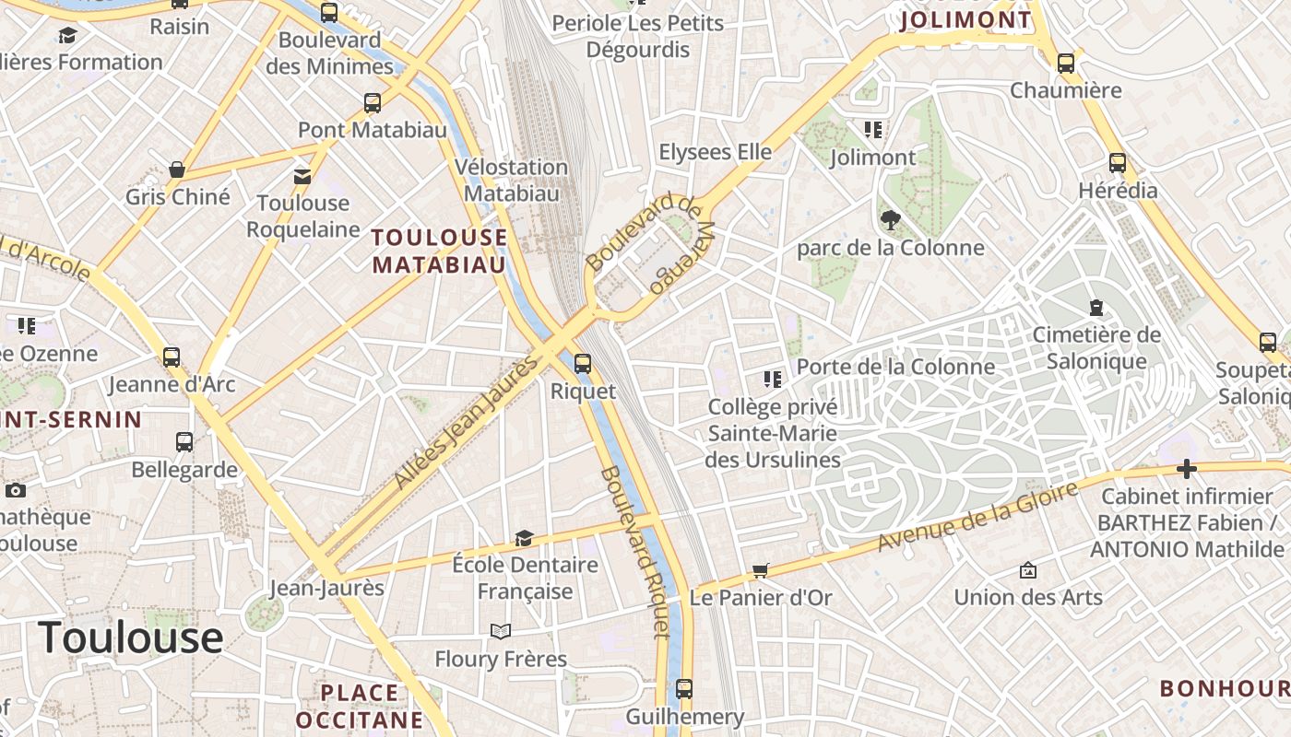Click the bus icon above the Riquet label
[582, 363]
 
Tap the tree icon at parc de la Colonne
[890, 220]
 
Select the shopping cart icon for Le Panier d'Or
[761, 570]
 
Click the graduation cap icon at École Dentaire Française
[524, 538]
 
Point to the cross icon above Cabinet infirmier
[1187, 470]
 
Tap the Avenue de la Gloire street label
[977, 518]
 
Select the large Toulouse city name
[130, 637]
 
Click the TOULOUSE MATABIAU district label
[439, 252]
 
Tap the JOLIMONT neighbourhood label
[965, 19]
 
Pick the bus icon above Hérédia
[1118, 163]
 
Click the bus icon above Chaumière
[1066, 63]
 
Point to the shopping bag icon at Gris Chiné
[177, 170]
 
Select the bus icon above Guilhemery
[684, 688]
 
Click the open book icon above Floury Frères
[501, 631]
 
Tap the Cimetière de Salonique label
[1096, 347]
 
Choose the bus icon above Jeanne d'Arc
[172, 357]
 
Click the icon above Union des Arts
[1028, 570]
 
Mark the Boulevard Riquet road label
[634, 553]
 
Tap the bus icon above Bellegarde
[184, 441]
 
